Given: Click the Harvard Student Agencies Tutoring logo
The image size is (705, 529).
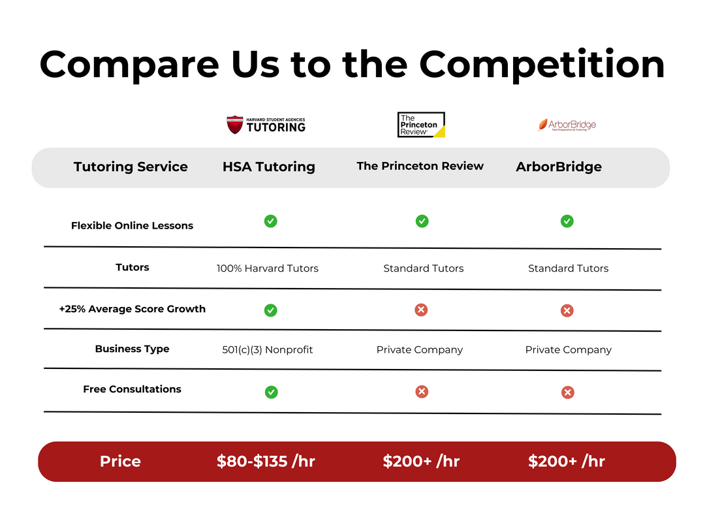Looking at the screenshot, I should pos(266,125).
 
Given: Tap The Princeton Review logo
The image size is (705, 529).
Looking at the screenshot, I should pos(421,125).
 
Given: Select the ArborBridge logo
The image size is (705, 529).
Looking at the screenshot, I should pos(567,125).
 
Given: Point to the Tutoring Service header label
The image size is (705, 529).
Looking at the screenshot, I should pos(131,167).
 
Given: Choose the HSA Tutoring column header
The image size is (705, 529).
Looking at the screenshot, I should pos(268,167).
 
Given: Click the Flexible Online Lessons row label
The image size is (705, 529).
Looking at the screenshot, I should pos(132,225).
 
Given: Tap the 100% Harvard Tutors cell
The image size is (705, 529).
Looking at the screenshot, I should pos(268,268).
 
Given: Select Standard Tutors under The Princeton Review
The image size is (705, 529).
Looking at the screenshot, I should pos(423,268).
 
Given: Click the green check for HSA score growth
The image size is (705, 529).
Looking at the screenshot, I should pos(271,310).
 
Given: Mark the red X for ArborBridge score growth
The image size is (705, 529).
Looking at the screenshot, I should pos(567,310).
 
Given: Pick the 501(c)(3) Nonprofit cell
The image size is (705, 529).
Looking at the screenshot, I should pos(268,350).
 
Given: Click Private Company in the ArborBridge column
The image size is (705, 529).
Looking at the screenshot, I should pos(568,350).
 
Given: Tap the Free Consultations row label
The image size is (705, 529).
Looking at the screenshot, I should pos(132,389).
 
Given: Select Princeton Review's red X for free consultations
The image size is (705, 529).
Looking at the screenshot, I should pos(422,392).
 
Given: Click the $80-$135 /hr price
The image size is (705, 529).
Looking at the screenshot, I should pos(266,461).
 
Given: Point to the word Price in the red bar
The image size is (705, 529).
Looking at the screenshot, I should pos(120,461).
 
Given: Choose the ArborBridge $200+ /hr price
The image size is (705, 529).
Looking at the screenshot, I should pos(566,461).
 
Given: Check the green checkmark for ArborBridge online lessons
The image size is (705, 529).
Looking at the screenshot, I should pos(567,221).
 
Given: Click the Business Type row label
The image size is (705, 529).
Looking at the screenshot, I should pos(132,349).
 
